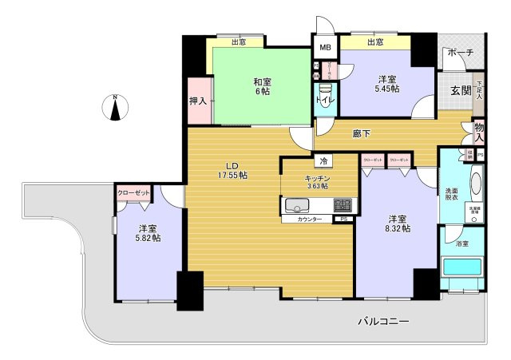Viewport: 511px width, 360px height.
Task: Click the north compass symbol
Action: coord(116,107)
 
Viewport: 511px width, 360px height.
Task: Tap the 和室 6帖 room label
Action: coord(261,87)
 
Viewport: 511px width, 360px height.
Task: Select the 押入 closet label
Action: coord(198,101)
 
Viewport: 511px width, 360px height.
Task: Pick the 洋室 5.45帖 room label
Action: coord(387,85)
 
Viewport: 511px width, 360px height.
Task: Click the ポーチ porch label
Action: coord(461,53)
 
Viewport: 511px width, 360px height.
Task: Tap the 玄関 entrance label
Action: coord(461,89)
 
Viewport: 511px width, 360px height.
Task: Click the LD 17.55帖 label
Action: coord(233,169)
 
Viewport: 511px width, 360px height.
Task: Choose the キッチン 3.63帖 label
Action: coord(316,183)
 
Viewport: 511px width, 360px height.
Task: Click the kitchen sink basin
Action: coord(299,206)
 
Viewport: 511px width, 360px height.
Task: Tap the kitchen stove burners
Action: coord(343,205)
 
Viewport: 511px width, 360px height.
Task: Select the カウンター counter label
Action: coord(310,220)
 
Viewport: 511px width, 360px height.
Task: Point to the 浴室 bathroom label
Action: coord(461,243)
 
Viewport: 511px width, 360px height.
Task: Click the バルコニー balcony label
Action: coord(383,322)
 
